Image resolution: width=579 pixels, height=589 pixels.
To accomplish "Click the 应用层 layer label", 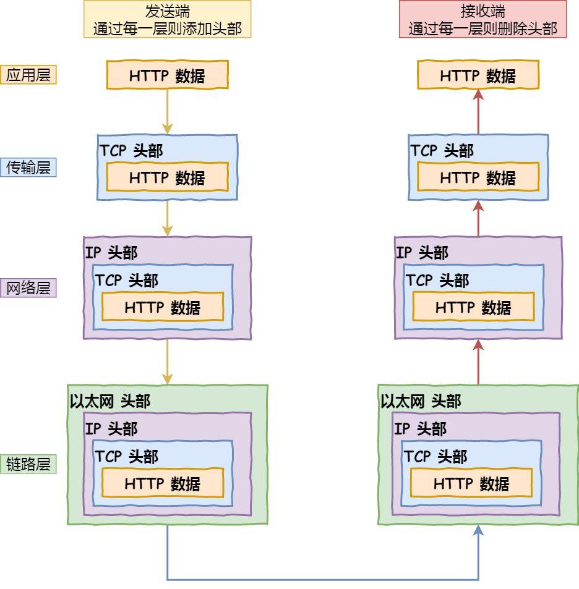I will click(28, 75).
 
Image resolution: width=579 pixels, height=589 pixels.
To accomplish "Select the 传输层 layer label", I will click(28, 167).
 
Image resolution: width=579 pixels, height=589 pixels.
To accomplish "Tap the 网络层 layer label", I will click(28, 288).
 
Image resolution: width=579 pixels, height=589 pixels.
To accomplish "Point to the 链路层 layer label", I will click(28, 464).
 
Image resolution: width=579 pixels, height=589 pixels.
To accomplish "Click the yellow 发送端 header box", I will click(168, 19).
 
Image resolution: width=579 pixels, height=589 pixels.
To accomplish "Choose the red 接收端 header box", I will click(482, 19).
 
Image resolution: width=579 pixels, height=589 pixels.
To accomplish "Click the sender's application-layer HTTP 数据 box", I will click(168, 75).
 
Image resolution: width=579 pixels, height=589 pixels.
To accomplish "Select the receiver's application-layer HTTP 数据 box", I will click(478, 75).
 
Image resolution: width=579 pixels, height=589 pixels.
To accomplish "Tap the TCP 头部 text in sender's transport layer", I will click(131, 151).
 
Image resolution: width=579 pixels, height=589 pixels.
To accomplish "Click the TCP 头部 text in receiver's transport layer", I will click(442, 151).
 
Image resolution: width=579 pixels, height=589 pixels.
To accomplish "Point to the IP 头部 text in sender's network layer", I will click(111, 252).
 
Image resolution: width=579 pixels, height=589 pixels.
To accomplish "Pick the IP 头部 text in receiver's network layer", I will click(422, 252).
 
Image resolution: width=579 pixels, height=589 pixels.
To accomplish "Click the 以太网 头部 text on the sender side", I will click(110, 401).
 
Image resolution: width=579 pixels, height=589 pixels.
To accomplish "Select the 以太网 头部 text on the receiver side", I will click(421, 401).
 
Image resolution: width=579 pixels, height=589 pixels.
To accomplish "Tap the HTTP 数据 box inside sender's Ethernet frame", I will click(163, 483).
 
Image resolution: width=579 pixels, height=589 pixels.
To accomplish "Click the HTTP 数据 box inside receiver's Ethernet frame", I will click(471, 483).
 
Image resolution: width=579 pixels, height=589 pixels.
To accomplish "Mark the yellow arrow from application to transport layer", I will click(168, 111).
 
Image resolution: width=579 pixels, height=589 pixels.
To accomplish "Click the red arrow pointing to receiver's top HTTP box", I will click(478, 111).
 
